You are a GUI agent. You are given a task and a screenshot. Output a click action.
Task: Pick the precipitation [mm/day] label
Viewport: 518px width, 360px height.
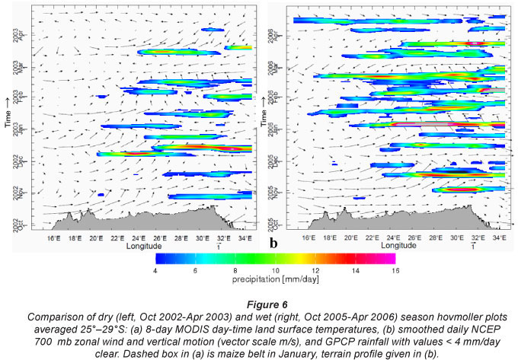point(275,279)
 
